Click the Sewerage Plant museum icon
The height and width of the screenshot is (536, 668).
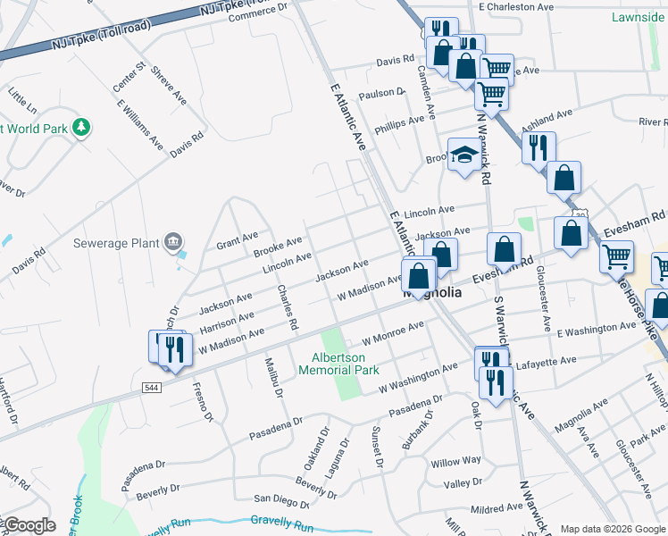click(x=173, y=241)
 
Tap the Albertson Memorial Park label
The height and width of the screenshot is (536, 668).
click(x=338, y=364)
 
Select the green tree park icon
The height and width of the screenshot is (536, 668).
click(x=82, y=128)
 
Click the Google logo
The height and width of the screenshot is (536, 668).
click(x=29, y=525)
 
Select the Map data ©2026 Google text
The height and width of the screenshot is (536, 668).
click(x=613, y=529)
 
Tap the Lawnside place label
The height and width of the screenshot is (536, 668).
click(x=638, y=17)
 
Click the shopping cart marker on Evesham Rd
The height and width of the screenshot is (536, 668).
click(x=616, y=257)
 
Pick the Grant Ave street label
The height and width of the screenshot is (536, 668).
click(x=237, y=240)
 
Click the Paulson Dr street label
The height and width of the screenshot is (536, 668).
click(x=381, y=94)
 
